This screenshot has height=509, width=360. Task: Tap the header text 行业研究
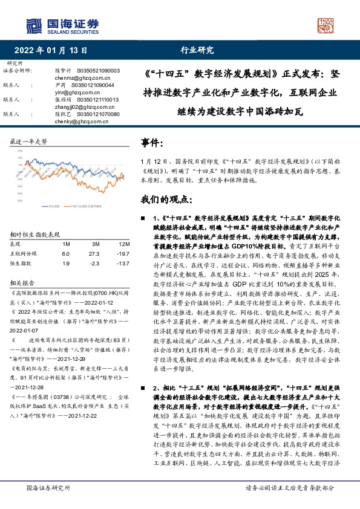tap(193, 51)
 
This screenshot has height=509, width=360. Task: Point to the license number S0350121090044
tap(95, 85)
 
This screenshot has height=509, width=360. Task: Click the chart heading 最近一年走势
tap(28, 141)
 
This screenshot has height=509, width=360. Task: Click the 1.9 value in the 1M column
tap(66, 264)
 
